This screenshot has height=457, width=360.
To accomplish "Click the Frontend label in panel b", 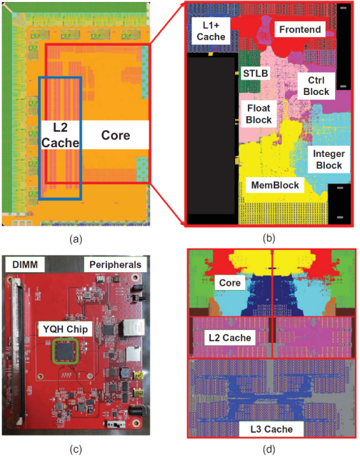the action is [300, 29].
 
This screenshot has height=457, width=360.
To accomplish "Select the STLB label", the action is [255, 73].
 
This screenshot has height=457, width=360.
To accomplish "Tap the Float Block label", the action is [259, 114].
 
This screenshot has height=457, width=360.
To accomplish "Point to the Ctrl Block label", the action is [316, 86].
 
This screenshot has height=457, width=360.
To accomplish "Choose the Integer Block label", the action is [329, 159].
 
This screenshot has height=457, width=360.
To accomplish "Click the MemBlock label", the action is [275, 185].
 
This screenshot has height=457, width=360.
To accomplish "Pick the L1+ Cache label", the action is [211, 31].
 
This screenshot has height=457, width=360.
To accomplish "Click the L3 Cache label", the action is [271, 429].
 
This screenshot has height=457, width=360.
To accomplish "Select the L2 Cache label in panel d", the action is [230, 338].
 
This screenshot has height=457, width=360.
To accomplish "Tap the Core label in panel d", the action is [230, 283].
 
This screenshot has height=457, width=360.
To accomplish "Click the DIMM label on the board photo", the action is [25, 265].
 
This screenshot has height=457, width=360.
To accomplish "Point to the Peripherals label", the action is [115, 265].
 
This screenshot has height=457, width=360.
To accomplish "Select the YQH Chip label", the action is [65, 329].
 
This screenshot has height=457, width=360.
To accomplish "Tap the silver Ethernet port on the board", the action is [134, 327].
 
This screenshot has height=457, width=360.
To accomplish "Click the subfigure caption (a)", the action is [76, 239].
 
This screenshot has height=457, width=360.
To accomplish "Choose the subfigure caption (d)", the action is [269, 449].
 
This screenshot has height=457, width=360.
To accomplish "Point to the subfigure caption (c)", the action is [76, 449].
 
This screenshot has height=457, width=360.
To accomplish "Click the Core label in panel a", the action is [116, 135].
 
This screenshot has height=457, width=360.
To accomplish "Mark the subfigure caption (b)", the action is [269, 238].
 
